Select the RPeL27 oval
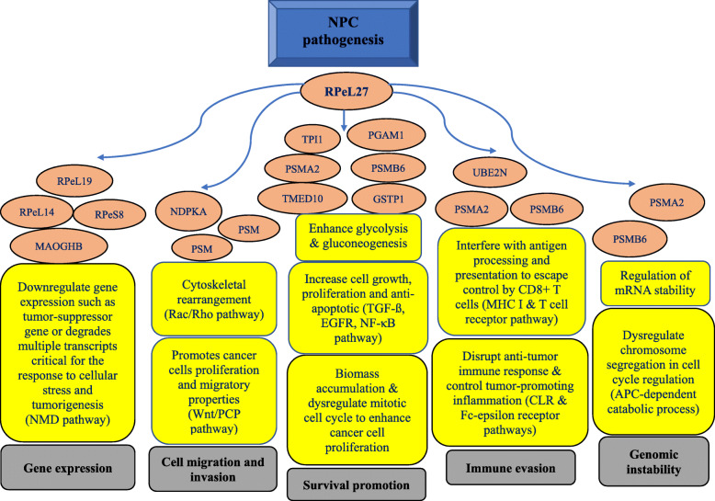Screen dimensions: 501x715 (x=344, y=92)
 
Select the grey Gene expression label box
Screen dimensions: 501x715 (x=72, y=467)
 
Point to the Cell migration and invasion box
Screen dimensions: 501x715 (x=211, y=467)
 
